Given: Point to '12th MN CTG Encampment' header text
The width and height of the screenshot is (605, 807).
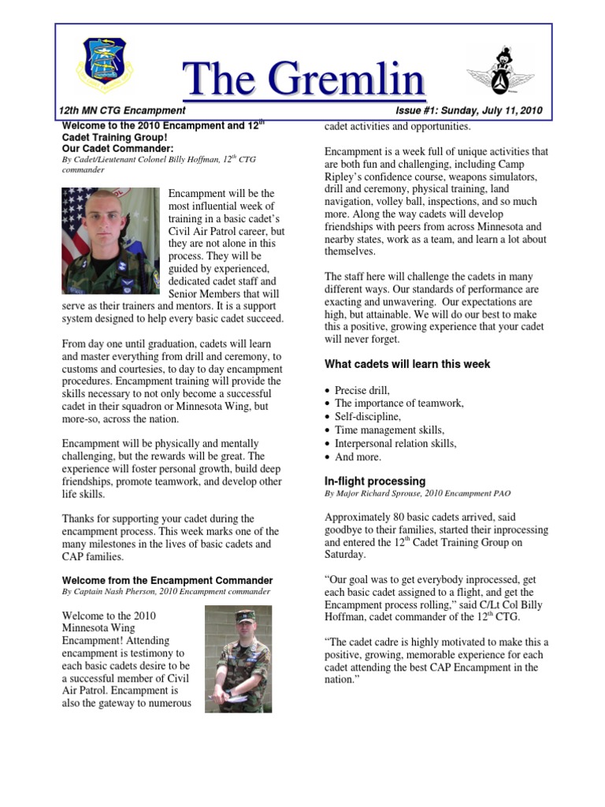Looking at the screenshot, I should click(122, 111).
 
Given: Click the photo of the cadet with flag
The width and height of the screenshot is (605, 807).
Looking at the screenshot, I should click(110, 240).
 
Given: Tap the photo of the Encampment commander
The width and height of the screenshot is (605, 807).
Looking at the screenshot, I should click(238, 659).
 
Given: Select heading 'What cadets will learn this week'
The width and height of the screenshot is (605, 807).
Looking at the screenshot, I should click(407, 364).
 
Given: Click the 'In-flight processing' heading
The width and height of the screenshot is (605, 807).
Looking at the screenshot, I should click(375, 481).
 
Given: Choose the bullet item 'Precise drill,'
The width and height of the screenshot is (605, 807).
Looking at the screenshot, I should click(362, 390).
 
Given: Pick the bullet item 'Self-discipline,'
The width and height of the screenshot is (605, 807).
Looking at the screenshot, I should click(367, 417).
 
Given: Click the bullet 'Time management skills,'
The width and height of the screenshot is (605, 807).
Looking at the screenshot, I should click(389, 430).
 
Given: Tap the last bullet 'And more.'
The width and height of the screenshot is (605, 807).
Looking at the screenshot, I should click(358, 457).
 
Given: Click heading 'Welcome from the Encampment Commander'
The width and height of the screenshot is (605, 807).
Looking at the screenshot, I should click(167, 581).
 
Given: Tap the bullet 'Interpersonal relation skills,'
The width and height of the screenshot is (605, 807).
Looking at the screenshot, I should click(395, 444).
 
